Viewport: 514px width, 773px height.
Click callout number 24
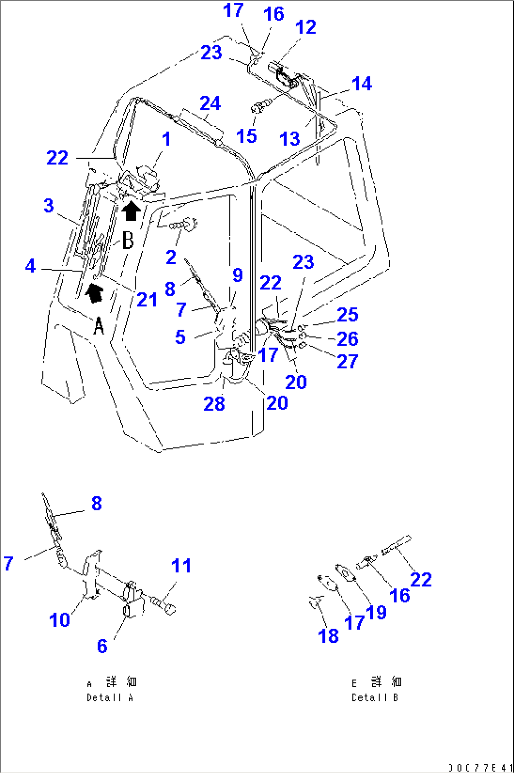pos(210,103)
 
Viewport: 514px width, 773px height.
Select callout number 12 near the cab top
pos(306,27)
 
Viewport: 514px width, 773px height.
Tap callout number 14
pos(362,83)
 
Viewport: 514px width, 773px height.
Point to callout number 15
pos(246,136)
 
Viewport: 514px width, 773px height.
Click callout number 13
pos(290,139)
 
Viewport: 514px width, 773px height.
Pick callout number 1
pos(166,139)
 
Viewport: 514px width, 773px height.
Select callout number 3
pos(49,205)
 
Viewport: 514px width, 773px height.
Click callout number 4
pos(31,266)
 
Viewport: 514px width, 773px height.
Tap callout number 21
pos(147,299)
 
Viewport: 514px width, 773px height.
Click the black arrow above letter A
pos(94,293)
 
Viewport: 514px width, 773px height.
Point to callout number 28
pos(214,404)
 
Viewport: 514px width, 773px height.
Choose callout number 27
pos(348,361)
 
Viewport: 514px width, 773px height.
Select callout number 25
pos(348,315)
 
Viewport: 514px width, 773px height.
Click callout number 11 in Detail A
pos(181,565)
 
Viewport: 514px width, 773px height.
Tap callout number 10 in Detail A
pos(60,620)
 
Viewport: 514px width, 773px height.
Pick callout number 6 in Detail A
pos(102,646)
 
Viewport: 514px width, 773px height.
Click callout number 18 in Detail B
pos(328,636)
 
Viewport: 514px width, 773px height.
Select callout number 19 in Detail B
pos(376,612)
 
